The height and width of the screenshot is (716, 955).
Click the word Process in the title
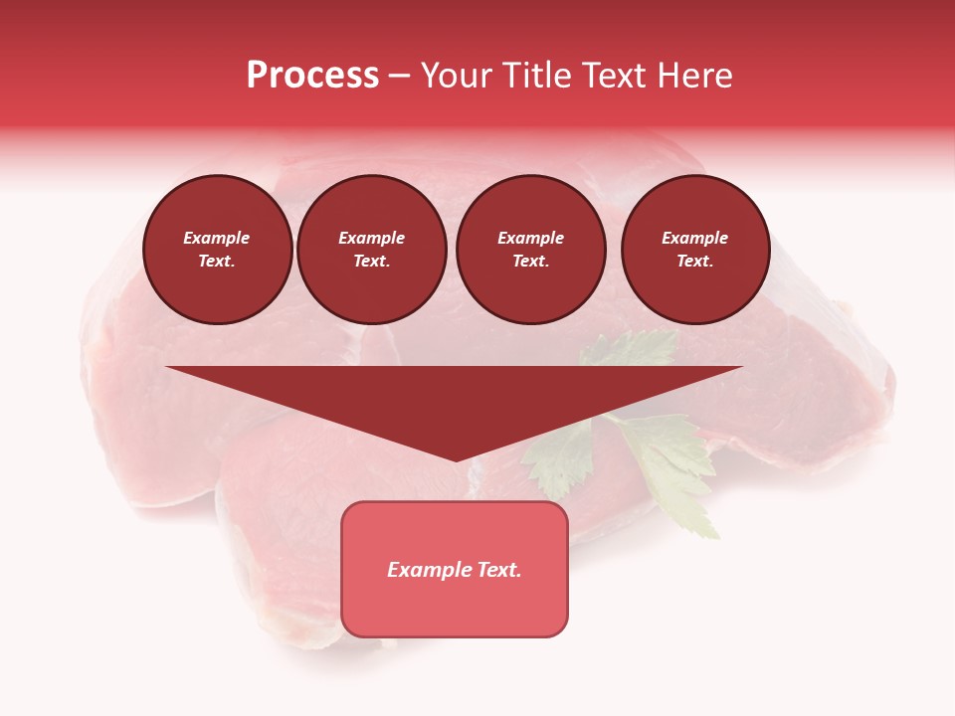point(312,76)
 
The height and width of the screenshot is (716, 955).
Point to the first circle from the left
point(217,250)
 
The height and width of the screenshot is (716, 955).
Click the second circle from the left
point(372,250)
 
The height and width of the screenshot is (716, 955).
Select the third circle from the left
point(531,250)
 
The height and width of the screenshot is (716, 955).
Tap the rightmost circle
point(695,250)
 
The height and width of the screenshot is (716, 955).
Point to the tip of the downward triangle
point(456,459)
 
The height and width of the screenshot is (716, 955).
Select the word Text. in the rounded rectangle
point(498,570)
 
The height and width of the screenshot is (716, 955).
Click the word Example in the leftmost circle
point(217,239)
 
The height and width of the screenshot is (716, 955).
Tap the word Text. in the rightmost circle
point(695,262)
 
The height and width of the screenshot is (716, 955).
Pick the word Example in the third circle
point(531,239)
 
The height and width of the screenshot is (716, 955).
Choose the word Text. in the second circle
point(372,262)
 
